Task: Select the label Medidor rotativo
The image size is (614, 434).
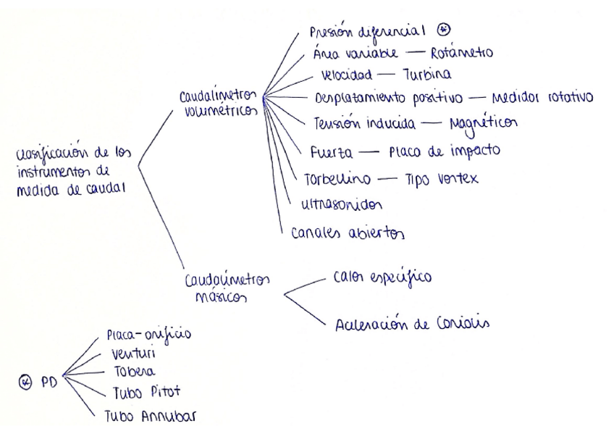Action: [x=542, y=99]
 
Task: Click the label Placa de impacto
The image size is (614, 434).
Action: [x=444, y=151]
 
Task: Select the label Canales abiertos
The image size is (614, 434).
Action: [x=348, y=234]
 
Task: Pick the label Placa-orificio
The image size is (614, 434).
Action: [x=151, y=336]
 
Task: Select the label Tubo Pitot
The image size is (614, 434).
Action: [x=146, y=393]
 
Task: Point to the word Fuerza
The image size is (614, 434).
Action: [x=330, y=153]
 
